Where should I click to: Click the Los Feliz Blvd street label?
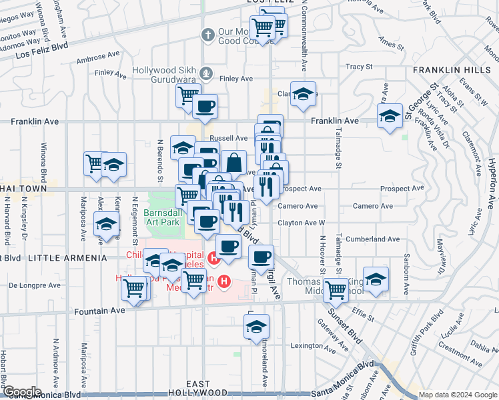pos(42,49)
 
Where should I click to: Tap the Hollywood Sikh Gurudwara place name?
pos(167,71)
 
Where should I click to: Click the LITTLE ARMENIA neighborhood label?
pos(64,257)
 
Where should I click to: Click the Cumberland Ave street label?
pos(372,239)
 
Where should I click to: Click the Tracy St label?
pos(359,67)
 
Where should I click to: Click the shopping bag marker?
pos(234,162)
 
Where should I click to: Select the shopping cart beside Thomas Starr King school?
pos(335,290)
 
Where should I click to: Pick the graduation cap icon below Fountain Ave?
pos(255,327)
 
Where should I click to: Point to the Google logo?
pos(22,393)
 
